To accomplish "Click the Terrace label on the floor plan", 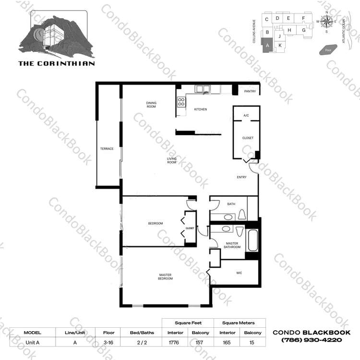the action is pyautogui.click(x=107, y=149).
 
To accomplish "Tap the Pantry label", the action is pyautogui.click(x=250, y=91).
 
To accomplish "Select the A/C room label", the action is pyautogui.click(x=246, y=115).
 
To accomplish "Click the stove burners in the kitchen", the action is pyautogui.click(x=181, y=102).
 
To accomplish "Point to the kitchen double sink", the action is pyautogui.click(x=203, y=89).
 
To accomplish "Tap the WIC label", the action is pyautogui.click(x=239, y=273).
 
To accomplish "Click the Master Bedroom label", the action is pyautogui.click(x=165, y=276).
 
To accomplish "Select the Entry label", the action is pyautogui.click(x=241, y=177).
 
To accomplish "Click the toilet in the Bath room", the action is pyautogui.click(x=242, y=214).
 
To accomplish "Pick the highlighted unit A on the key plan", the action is pyautogui.click(x=267, y=45).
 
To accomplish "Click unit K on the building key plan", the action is pyautogui.click(x=280, y=45).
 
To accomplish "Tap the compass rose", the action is pyautogui.click(x=326, y=22).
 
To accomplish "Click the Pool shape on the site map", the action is pyautogui.click(x=328, y=50).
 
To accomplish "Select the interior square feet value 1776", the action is pyautogui.click(x=174, y=343).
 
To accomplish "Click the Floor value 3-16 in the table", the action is pyautogui.click(x=108, y=343).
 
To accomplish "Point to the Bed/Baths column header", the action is pyautogui.click(x=142, y=333).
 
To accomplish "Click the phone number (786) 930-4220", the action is pyautogui.click(x=312, y=340).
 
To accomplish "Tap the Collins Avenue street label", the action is pyautogui.click(x=254, y=31).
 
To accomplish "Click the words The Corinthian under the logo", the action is pyautogui.click(x=57, y=63).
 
